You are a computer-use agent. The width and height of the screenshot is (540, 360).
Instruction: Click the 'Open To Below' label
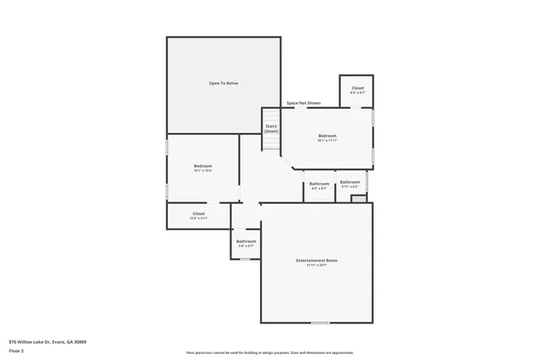(x=224, y=83)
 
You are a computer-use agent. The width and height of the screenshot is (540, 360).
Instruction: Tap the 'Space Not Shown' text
(x=303, y=103)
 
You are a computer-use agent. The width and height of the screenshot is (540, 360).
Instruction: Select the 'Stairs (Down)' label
(x=271, y=129)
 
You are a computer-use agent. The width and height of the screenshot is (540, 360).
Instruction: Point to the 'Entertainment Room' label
(x=316, y=260)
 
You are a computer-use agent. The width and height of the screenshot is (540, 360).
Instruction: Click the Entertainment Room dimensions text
(x=316, y=265)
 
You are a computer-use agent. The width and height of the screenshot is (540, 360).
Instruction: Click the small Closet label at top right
(x=358, y=88)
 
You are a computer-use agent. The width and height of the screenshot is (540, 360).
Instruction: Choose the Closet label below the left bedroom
(x=198, y=214)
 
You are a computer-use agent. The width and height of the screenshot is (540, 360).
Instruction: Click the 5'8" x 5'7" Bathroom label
(x=246, y=243)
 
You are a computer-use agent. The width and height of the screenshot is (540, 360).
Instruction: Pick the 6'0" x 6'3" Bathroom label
(x=319, y=185)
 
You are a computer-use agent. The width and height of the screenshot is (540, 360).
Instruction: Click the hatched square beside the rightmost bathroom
(x=359, y=198)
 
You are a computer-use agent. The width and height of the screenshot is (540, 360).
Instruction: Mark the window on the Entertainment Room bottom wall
(x=320, y=322)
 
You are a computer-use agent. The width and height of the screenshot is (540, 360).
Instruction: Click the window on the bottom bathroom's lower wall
(x=245, y=259)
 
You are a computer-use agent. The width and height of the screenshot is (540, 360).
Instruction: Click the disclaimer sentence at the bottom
(x=270, y=352)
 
